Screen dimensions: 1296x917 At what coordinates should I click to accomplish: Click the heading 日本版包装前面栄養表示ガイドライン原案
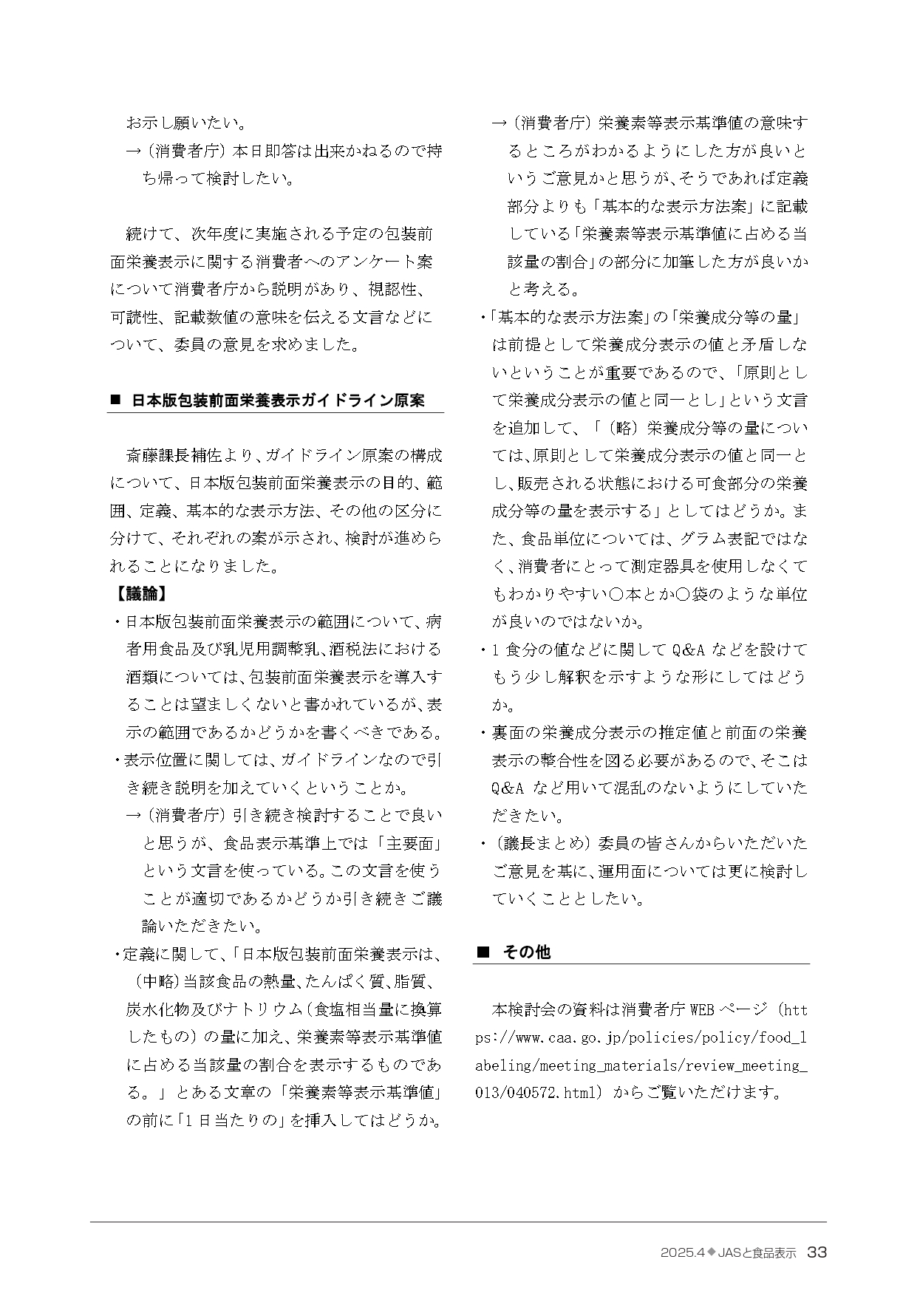click(278, 400)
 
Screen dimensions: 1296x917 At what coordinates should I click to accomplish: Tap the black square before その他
click(483, 952)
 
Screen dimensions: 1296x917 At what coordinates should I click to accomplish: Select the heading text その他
click(526, 952)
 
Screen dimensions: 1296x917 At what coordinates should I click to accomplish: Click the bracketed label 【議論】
click(140, 593)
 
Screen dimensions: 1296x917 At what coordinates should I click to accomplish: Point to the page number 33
click(817, 1252)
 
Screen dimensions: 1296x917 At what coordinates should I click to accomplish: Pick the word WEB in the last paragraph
click(701, 1009)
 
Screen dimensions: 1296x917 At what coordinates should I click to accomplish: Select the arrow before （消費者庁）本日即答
click(134, 151)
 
